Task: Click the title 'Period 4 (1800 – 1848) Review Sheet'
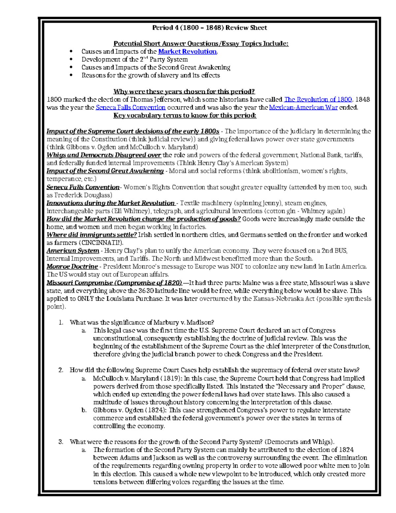209,28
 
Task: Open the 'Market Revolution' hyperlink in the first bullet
187,52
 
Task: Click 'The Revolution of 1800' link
318,99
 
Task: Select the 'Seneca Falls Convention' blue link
130,107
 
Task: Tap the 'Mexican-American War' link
303,107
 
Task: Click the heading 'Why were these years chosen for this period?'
184,92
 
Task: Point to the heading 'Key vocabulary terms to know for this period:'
185,115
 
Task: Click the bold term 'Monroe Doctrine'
72,267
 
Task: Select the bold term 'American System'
73,251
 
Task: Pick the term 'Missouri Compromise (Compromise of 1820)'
114,283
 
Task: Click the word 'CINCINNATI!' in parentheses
102,243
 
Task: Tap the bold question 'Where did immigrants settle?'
91,235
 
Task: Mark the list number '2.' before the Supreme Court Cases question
61,370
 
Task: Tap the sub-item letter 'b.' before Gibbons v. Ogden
84,410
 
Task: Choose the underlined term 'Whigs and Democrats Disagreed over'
104,155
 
